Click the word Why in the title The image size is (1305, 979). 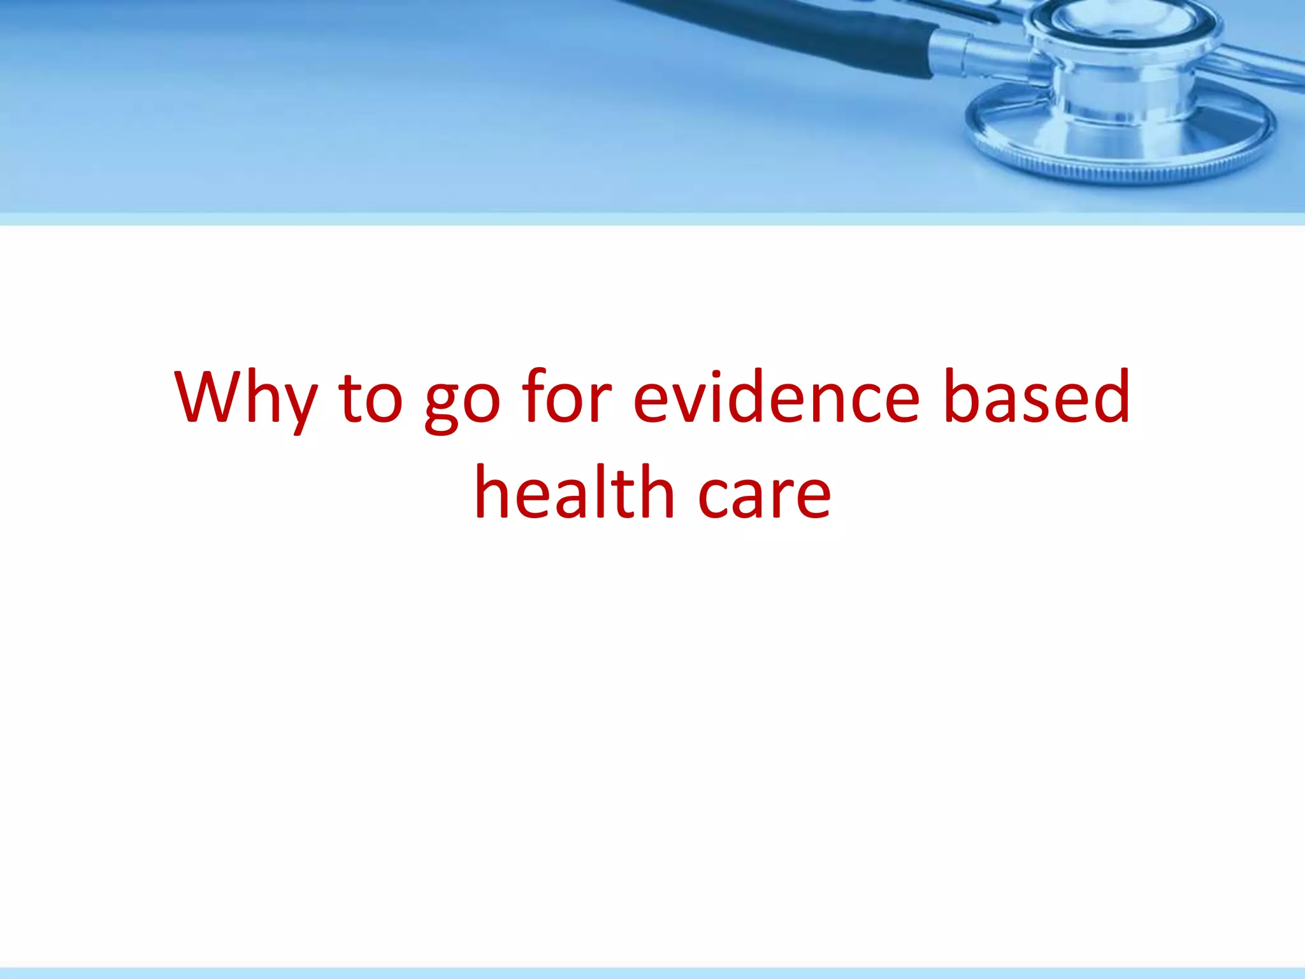pyautogui.click(x=245, y=398)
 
